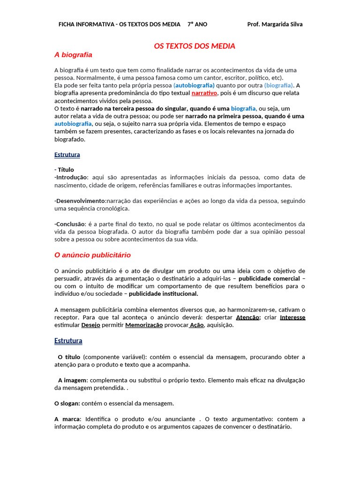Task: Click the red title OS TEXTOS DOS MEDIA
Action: click(195, 46)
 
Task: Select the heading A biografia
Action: click(73, 55)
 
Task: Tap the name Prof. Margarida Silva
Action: click(275, 24)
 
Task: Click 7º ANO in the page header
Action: click(197, 24)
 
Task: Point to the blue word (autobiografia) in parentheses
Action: click(194, 85)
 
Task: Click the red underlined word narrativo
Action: click(204, 93)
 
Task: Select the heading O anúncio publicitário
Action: click(92, 255)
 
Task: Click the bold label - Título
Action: click(64, 170)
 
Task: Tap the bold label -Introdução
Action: click(71, 177)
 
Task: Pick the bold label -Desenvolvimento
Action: click(80, 201)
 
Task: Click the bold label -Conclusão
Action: click(69, 224)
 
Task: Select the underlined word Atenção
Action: click(248, 317)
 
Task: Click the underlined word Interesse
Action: click(292, 317)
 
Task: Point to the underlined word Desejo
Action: click(90, 325)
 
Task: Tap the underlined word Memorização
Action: click(144, 325)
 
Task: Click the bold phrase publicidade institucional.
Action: click(164, 294)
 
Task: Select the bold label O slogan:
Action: click(67, 403)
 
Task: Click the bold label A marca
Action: click(67, 419)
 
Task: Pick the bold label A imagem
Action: click(73, 380)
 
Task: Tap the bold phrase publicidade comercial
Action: click(269, 278)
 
